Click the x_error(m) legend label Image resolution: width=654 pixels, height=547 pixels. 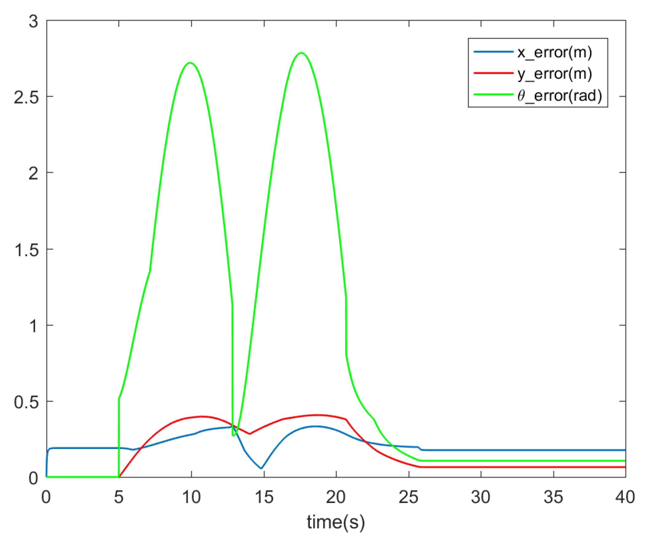(x=554, y=52)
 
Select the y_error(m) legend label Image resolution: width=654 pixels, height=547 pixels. (x=554, y=74)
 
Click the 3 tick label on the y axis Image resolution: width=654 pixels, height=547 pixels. (x=33, y=22)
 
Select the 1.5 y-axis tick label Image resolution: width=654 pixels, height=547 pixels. (x=26, y=250)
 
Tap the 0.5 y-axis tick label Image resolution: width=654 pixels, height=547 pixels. (x=26, y=402)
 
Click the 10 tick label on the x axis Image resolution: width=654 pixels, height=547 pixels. (x=191, y=497)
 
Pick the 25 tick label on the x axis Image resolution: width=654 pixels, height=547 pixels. (x=408, y=497)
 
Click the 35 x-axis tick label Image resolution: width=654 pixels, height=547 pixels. (x=554, y=497)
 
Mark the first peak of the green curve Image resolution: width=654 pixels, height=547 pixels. (x=190, y=63)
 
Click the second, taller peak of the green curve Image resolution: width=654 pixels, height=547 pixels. (x=301, y=53)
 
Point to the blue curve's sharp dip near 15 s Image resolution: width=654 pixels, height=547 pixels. (x=261, y=468)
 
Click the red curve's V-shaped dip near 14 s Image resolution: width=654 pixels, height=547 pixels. (x=250, y=434)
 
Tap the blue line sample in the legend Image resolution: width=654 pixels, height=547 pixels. (x=493, y=52)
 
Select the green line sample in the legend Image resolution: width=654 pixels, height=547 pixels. (x=493, y=95)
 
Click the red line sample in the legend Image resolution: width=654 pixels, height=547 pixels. (x=493, y=73)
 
